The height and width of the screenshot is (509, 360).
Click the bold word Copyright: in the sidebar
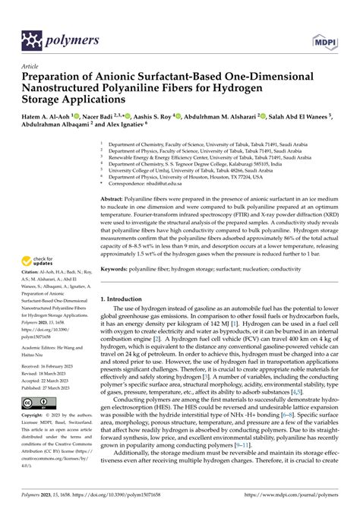point(35,416)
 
